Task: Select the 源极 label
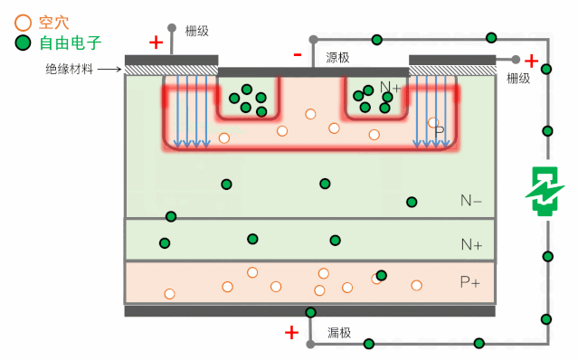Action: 337,57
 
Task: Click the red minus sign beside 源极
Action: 297,55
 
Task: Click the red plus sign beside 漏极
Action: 291,333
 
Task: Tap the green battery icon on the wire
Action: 545,192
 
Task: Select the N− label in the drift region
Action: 470,201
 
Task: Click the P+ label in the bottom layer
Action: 470,282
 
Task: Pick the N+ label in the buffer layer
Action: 470,244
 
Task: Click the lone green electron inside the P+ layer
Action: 381,275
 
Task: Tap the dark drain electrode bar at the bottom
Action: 309,311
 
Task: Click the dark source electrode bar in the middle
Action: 313,71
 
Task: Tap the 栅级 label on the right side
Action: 518,79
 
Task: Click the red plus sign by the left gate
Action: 156,42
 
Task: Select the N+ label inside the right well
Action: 390,88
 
